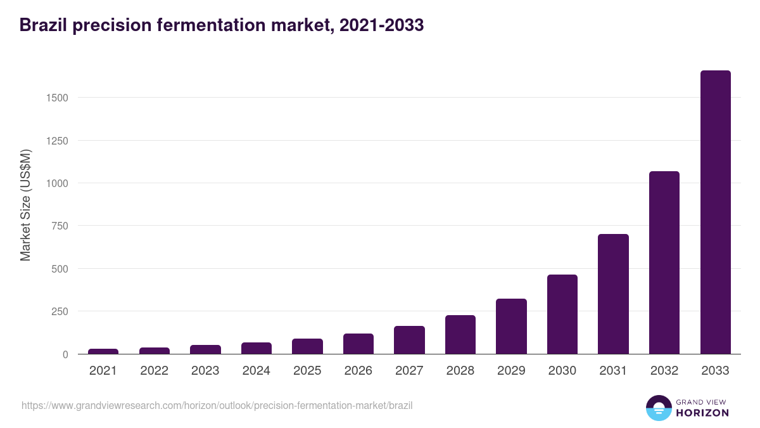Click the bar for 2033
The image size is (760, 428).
click(715, 212)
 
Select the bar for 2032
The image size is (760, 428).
click(664, 263)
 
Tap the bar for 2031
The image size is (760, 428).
click(613, 294)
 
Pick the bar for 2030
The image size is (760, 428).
click(562, 315)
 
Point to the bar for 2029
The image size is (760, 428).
click(511, 327)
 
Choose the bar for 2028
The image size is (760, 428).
click(460, 335)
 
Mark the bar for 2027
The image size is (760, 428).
click(409, 340)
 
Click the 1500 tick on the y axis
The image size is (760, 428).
click(56, 98)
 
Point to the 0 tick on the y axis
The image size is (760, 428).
click(65, 354)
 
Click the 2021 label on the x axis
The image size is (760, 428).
click(103, 371)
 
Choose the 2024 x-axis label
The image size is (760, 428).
click(256, 371)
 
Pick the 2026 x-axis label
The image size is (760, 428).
click(358, 371)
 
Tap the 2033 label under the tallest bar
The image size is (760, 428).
click(715, 371)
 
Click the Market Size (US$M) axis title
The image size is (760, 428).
click(25, 205)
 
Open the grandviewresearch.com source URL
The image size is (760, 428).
click(217, 405)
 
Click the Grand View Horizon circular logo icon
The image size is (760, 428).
click(658, 408)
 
